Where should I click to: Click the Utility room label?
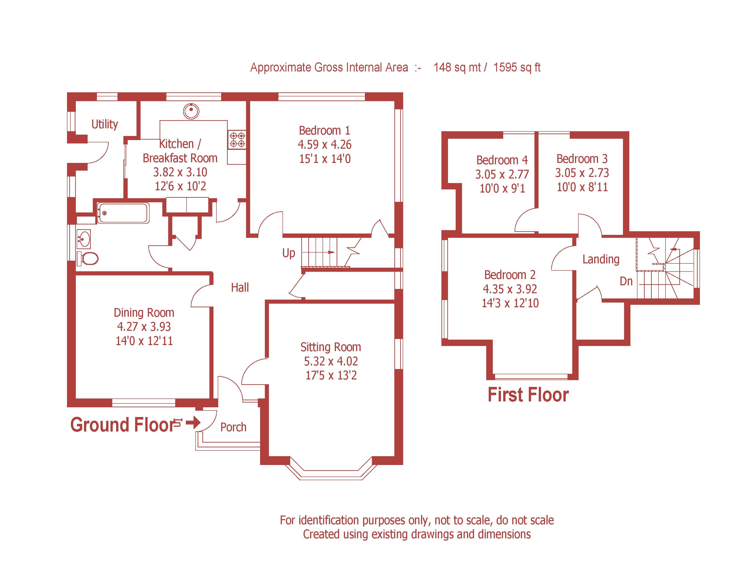[105, 124]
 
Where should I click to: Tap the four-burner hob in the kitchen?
[237, 140]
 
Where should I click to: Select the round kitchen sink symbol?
[191, 111]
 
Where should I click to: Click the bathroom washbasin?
[84, 238]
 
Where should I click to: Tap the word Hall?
[240, 287]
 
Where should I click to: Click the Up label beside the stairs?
[288, 253]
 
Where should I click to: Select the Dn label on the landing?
[626, 281]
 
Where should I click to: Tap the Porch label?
[233, 427]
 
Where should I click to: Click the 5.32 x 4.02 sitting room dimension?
[331, 361]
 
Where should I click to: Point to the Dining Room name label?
[144, 312]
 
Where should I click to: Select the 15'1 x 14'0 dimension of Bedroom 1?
[325, 159]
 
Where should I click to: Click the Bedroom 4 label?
[502, 160]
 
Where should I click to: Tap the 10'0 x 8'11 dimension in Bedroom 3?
[582, 187]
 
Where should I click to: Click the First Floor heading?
[528, 395]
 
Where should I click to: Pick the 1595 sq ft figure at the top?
[517, 67]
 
